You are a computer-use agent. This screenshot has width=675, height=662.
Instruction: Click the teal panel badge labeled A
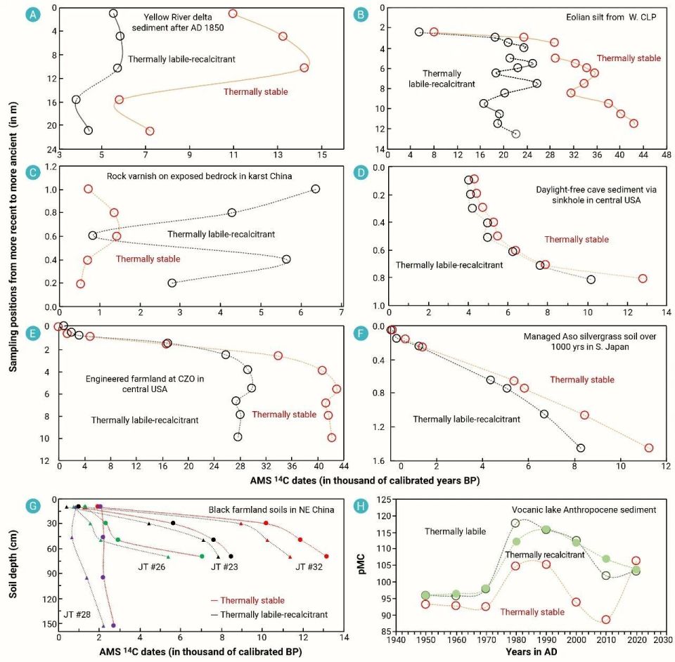33,15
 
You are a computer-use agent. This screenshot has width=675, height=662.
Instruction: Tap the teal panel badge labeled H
360,506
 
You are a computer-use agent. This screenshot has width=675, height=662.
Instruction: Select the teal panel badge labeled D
360,173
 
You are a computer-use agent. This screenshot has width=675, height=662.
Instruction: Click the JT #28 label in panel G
77,614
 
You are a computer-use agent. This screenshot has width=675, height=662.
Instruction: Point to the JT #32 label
309,566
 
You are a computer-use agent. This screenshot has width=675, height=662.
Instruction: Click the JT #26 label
152,566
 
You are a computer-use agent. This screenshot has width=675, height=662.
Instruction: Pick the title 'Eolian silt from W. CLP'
611,17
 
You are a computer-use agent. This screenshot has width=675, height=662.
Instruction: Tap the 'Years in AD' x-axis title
532,651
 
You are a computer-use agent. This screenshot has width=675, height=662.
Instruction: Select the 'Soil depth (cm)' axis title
13,564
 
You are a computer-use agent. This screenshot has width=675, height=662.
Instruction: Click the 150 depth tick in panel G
50,624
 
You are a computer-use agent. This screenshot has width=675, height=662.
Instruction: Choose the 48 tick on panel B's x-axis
667,155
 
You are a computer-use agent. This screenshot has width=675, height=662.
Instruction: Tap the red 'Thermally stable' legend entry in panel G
247,600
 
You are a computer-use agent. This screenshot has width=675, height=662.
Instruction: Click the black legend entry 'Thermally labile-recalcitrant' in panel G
269,615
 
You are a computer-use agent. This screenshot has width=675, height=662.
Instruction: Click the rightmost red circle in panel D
643,278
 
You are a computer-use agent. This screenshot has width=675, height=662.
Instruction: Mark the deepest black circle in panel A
89,130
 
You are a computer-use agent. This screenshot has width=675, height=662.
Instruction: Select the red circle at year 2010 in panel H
605,620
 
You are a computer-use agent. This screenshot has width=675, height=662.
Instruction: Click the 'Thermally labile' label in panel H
455,531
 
